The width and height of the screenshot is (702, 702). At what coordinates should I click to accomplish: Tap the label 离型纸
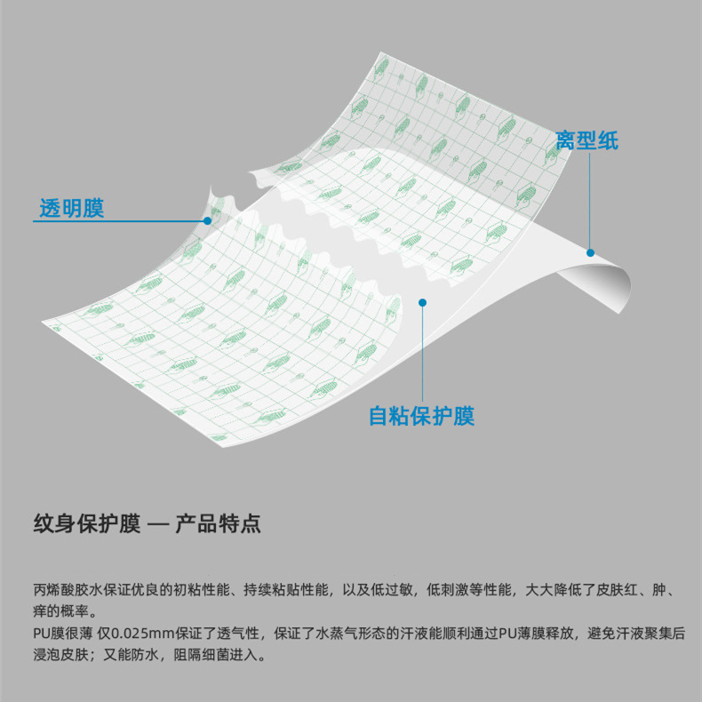pos(586,140)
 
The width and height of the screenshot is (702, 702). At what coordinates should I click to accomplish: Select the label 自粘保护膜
pos(422,416)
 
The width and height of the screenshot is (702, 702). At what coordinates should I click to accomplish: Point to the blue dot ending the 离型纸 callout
pos(588,252)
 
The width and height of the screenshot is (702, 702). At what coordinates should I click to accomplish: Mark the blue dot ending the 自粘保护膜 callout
pos(422,303)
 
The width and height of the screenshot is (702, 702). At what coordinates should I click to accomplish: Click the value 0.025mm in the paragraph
pos(146,634)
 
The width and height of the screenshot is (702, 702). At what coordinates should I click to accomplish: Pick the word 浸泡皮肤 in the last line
pos(61,656)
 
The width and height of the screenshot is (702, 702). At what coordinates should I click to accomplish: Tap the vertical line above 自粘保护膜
pos(422,355)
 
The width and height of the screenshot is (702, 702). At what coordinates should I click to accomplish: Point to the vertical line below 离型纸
pos(588,204)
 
